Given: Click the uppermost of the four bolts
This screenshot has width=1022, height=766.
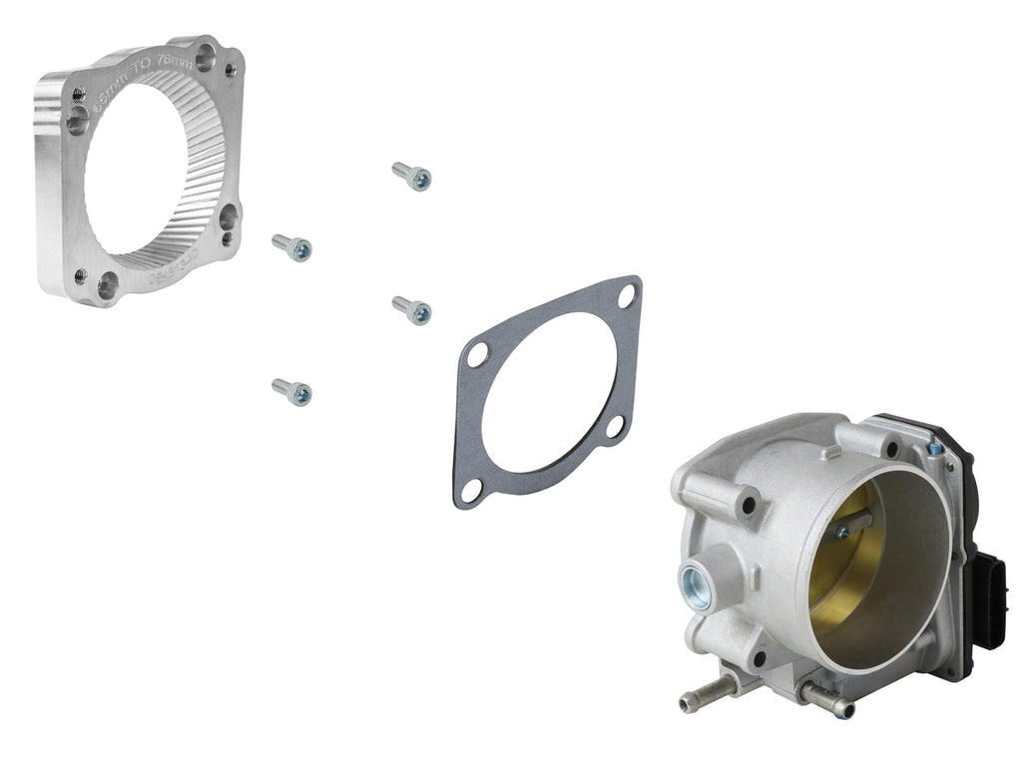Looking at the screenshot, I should click(x=411, y=177).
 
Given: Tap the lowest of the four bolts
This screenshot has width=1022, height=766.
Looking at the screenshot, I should click(x=291, y=392).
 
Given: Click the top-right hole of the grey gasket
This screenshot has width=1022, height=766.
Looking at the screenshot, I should click(x=626, y=295).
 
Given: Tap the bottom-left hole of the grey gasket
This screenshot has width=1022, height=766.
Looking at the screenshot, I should click(x=471, y=490).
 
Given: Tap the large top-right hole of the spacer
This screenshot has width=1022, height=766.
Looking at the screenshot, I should click(x=206, y=58).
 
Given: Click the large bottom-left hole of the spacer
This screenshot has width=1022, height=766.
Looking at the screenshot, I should click(x=108, y=287).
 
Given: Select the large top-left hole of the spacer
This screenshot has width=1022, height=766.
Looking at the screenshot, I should click(x=78, y=121).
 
